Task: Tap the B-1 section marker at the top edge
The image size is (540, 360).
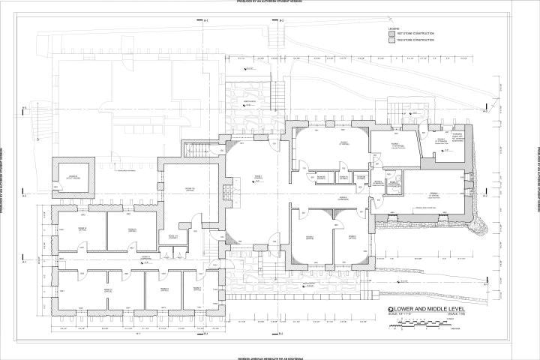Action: point(205,19)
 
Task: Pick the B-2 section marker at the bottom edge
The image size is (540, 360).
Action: point(280,333)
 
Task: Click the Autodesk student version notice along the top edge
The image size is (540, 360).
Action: point(269,2)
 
